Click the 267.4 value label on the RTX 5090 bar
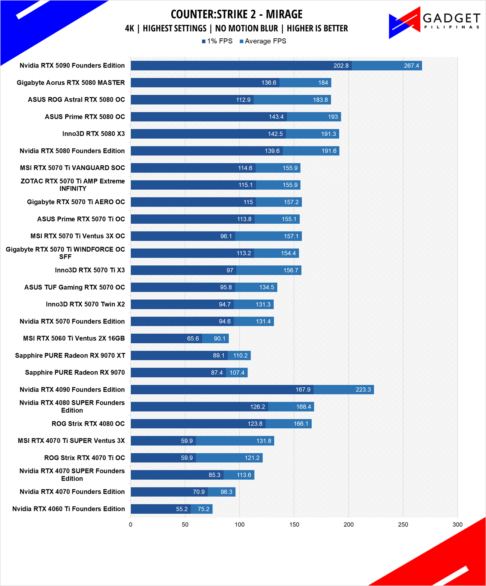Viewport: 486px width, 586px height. [x=411, y=66]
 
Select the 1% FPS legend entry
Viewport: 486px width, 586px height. [x=217, y=41]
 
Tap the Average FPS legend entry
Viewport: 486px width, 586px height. [x=263, y=41]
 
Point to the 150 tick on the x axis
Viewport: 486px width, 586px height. [x=294, y=524]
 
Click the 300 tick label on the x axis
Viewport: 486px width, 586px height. [x=457, y=524]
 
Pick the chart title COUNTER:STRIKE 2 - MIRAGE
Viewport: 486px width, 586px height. [x=237, y=14]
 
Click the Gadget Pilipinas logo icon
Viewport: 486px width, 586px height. [x=405, y=23]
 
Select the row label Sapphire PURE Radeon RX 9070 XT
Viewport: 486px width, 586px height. [x=70, y=356]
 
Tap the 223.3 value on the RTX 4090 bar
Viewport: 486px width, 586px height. [x=363, y=390]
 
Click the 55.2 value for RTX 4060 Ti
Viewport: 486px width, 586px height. [x=181, y=509]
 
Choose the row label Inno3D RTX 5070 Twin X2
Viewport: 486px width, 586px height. [x=85, y=304]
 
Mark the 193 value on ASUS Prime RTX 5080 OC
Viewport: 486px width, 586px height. [x=333, y=117]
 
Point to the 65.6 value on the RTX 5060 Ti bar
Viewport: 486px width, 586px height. [x=193, y=338]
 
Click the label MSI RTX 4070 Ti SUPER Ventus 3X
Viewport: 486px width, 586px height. [x=71, y=441]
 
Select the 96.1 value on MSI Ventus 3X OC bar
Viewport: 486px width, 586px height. [x=226, y=236]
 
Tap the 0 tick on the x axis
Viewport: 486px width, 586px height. [x=131, y=524]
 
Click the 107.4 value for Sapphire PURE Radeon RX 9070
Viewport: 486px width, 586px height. [x=237, y=373]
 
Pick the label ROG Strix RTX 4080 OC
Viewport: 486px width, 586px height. [x=88, y=424]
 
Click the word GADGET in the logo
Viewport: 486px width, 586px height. [x=451, y=18]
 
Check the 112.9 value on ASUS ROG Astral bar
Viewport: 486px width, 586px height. [x=243, y=100]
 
